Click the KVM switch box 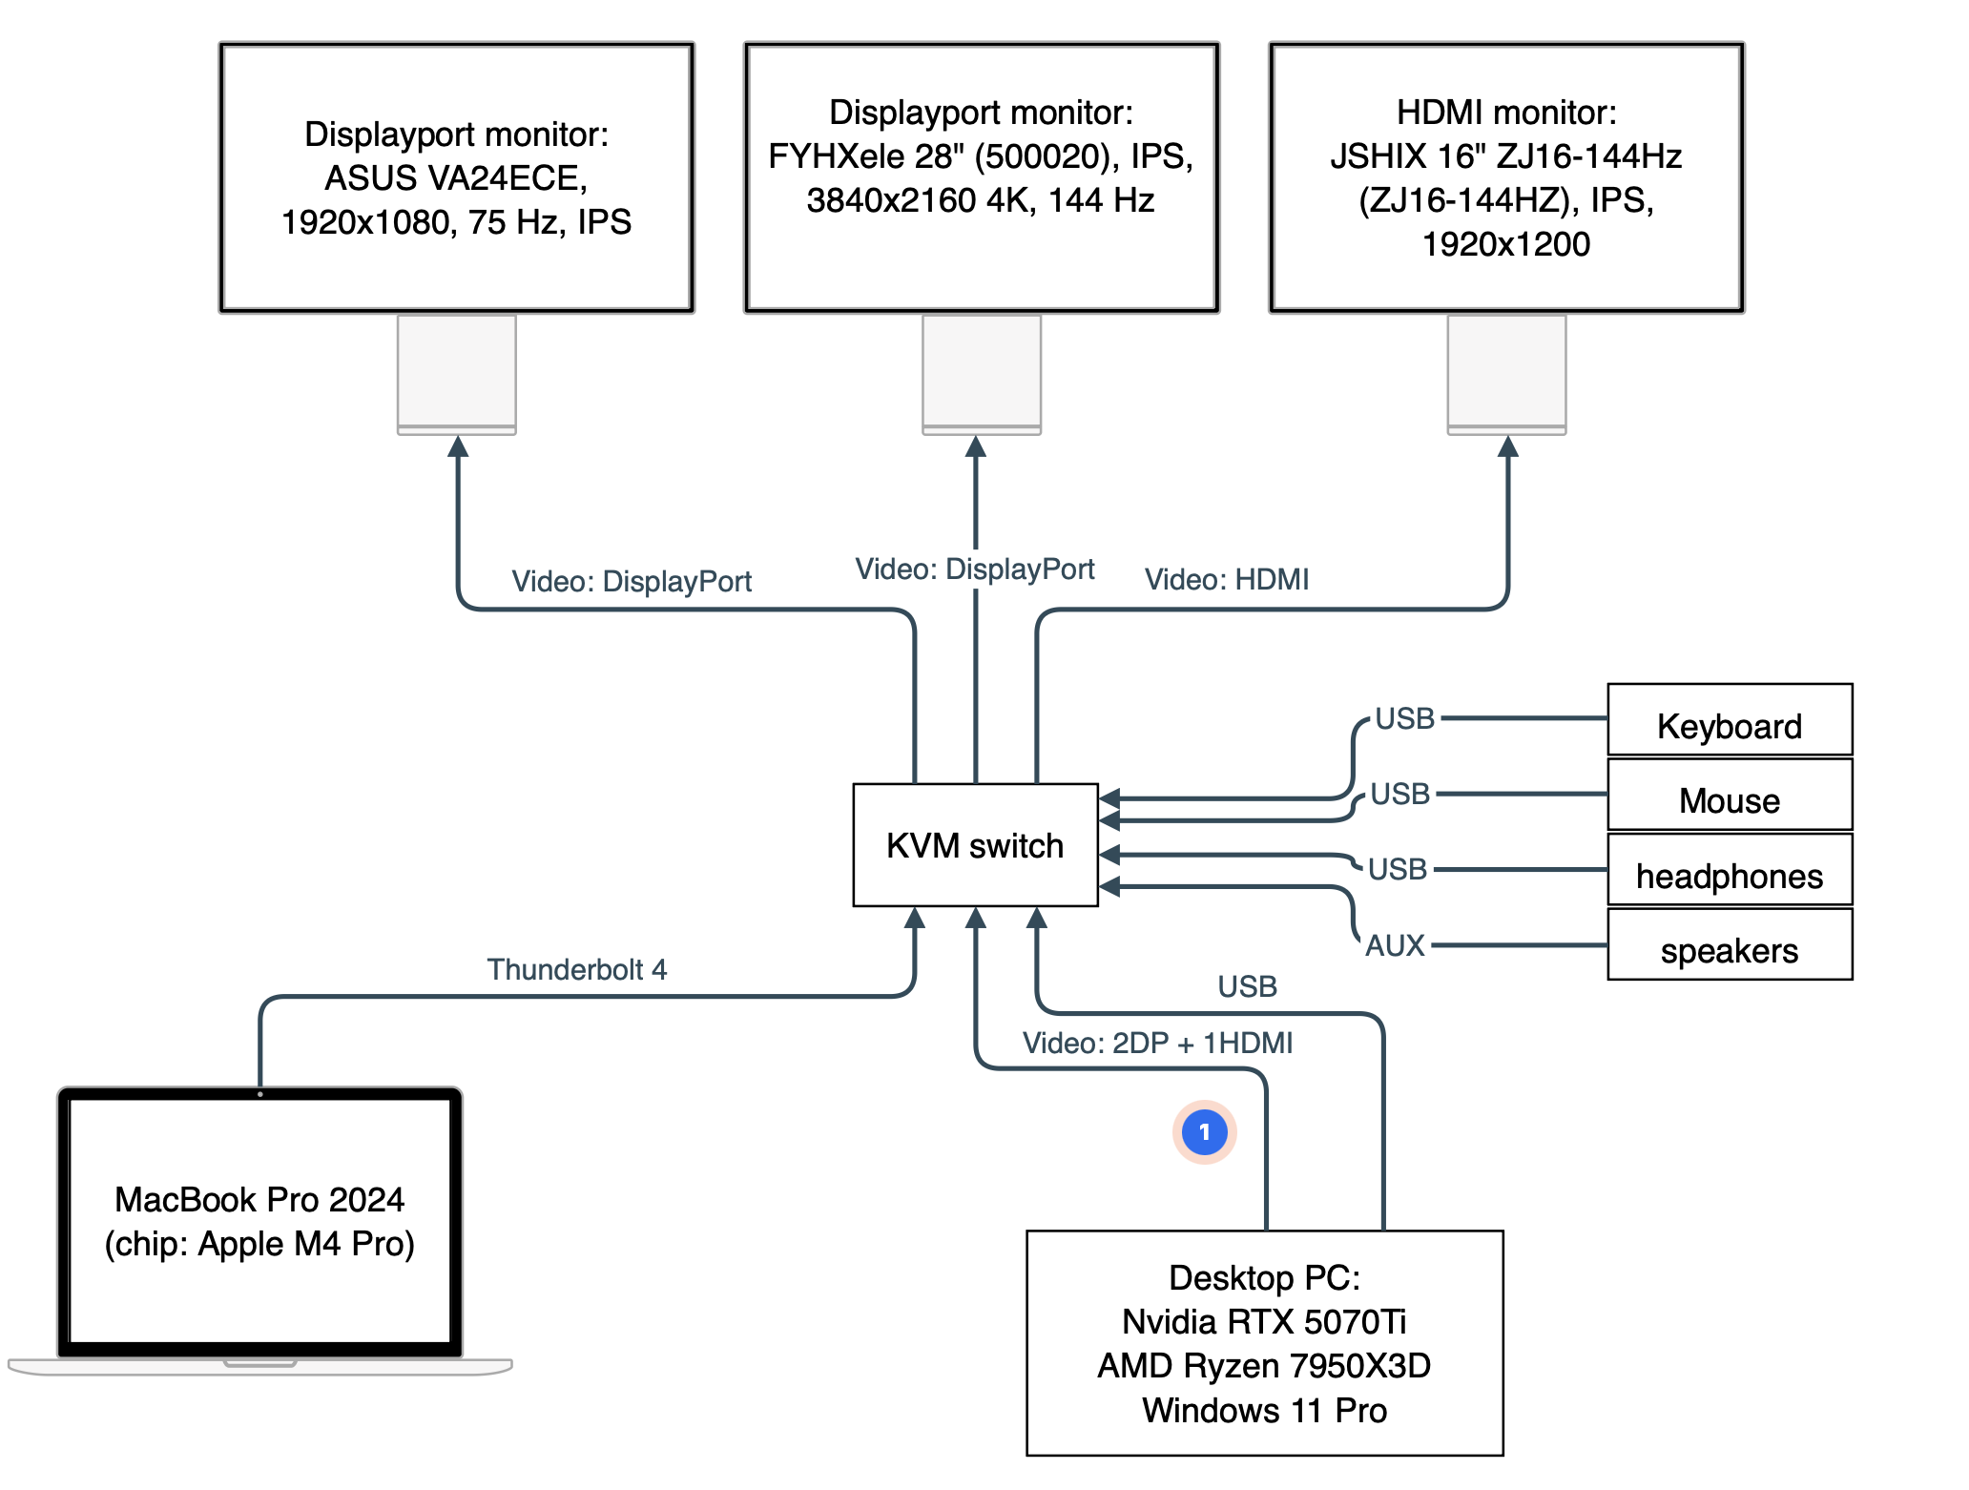point(975,845)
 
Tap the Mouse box point(1730,795)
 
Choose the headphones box point(1730,870)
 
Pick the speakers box point(1730,944)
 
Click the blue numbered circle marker point(1205,1132)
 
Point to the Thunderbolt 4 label point(577,969)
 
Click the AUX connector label point(1395,945)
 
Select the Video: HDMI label point(1227,579)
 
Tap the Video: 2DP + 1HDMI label point(1157,1043)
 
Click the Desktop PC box point(1265,1343)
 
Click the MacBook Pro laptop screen point(259,1222)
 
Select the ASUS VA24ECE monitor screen point(457,177)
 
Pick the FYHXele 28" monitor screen point(982,177)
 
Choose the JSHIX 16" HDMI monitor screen point(1506,177)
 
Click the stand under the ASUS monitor point(457,375)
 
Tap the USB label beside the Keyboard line point(1404,718)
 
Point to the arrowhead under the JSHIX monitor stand point(1507,446)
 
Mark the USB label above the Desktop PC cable point(1247,986)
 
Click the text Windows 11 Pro point(1264,1410)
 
